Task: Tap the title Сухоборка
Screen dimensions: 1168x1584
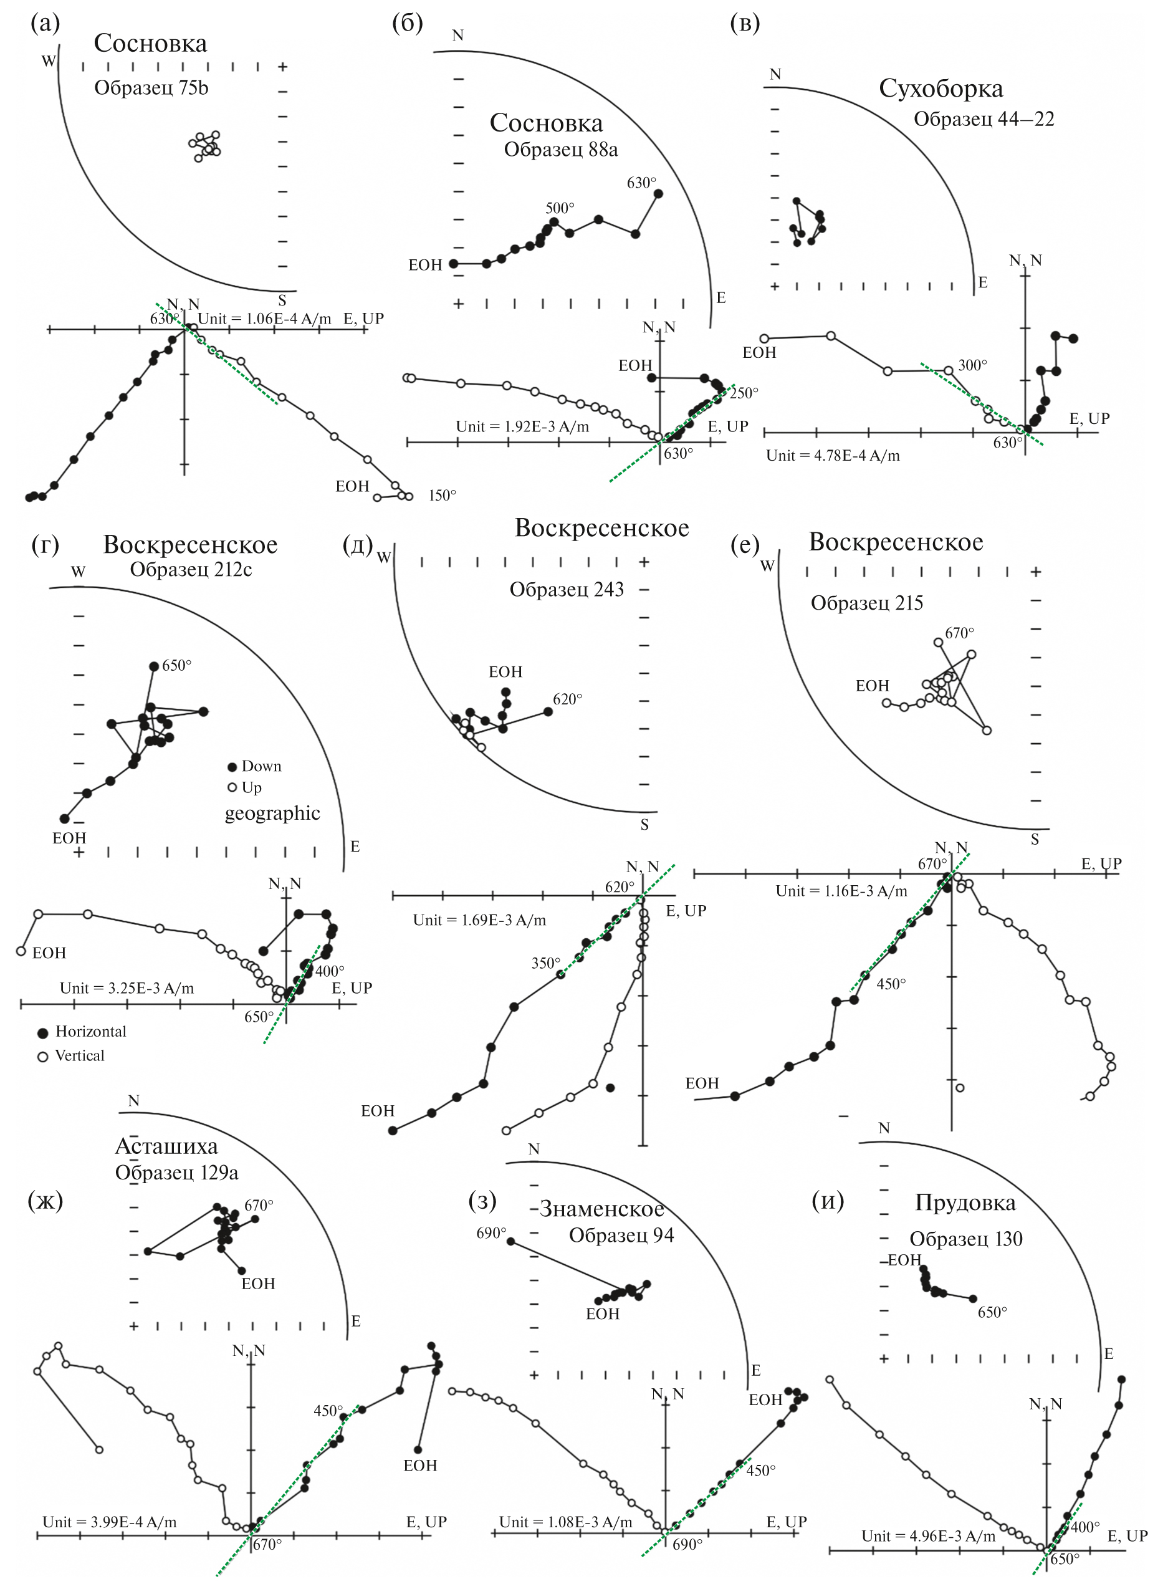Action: (941, 89)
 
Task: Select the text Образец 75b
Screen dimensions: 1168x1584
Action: (151, 89)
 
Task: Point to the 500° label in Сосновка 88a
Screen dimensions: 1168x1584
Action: (559, 209)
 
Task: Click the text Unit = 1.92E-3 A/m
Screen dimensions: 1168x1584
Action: (522, 426)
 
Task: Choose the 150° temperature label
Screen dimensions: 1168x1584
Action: (443, 496)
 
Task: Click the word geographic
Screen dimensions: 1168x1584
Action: (272, 814)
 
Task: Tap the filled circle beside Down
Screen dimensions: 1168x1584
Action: (231, 767)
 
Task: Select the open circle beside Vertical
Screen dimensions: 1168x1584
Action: (42, 1057)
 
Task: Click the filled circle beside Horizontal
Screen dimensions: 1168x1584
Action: (42, 1032)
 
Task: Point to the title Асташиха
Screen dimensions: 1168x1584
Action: (167, 1146)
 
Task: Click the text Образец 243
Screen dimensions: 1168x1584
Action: (567, 590)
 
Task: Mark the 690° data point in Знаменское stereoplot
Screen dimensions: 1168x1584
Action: (510, 1241)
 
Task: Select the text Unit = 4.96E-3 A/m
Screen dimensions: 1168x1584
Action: (928, 1536)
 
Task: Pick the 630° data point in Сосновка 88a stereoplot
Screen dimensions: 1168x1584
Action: (658, 193)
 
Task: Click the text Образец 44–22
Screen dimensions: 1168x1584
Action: (984, 119)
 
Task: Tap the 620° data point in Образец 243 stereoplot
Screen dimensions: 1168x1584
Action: (548, 711)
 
